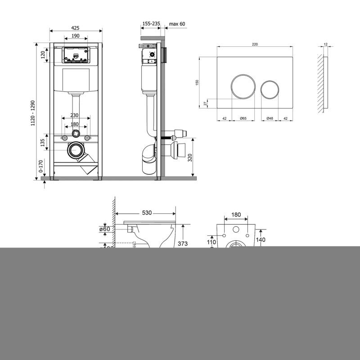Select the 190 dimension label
(76, 36)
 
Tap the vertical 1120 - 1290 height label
(33, 112)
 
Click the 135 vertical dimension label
(43, 143)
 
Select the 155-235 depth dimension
(150, 24)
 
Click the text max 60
(177, 24)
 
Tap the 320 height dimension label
(190, 157)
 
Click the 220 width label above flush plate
(255, 44)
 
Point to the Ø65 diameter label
(243, 118)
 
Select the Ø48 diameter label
(270, 118)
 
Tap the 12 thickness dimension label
(325, 44)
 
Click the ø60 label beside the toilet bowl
(105, 229)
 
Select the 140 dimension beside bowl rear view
(260, 240)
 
